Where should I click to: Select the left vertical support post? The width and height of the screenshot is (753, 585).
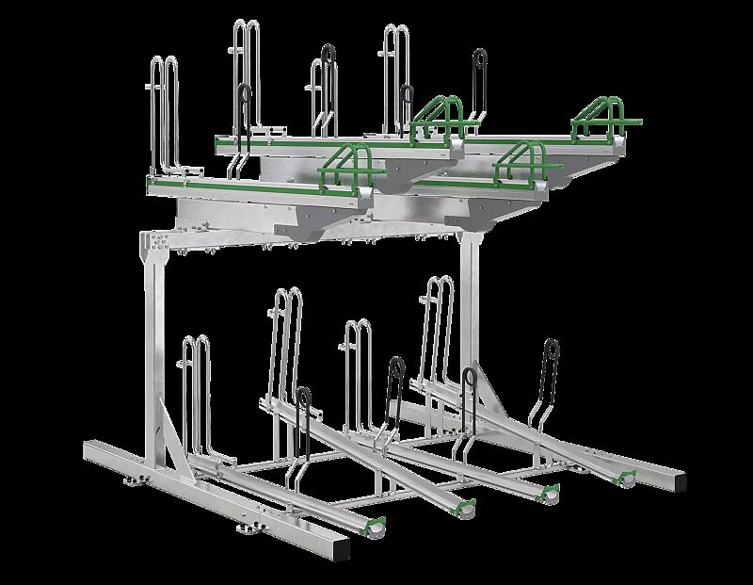pyautogui.click(x=153, y=349)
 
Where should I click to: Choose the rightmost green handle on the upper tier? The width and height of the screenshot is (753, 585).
pyautogui.click(x=607, y=116)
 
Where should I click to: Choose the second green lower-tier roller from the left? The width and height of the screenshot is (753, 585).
pyautogui.click(x=464, y=510)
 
